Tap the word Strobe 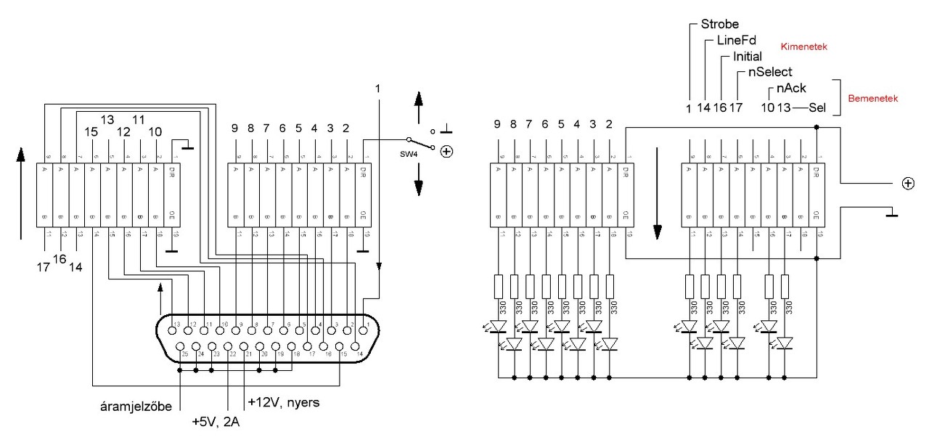point(720,24)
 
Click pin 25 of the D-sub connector point(181,346)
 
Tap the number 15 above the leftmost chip point(91,132)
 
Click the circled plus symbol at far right point(907,184)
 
